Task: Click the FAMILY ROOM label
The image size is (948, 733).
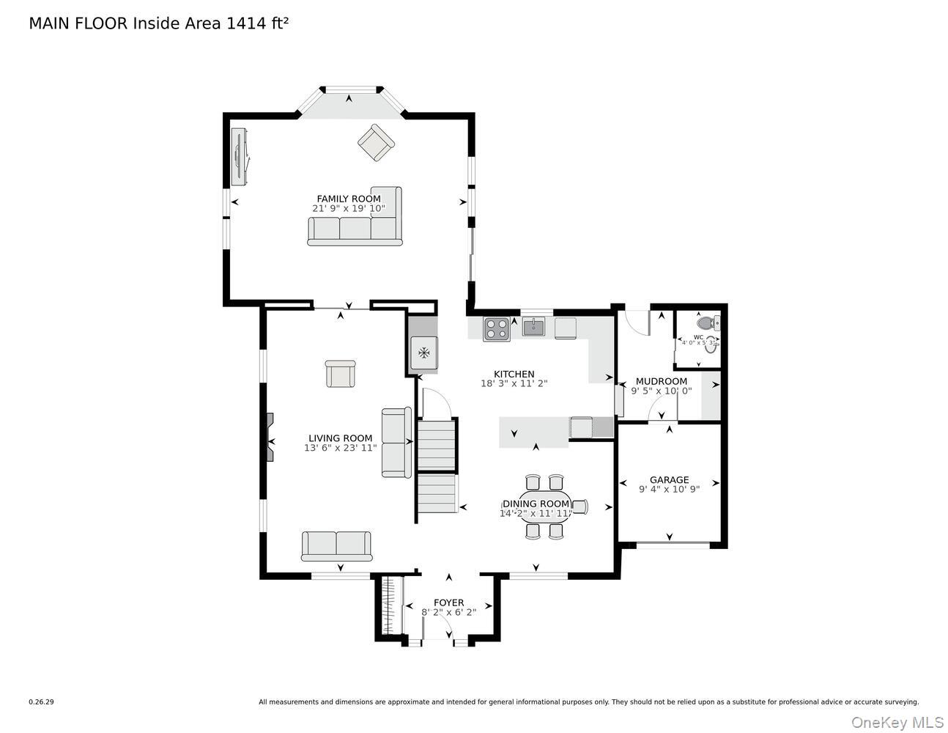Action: [348, 199]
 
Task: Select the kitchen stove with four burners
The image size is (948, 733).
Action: [496, 328]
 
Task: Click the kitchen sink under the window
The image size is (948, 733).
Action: [534, 327]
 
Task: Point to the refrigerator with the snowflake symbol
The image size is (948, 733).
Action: [423, 353]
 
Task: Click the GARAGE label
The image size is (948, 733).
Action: [669, 480]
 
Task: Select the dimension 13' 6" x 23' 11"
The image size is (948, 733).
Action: [341, 448]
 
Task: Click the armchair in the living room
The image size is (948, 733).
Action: [340, 374]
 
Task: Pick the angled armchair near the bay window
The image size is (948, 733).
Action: [376, 143]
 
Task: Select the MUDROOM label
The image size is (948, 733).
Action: [661, 381]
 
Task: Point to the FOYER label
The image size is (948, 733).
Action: [448, 603]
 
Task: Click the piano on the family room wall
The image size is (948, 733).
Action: [239, 156]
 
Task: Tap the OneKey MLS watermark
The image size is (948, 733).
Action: [897, 722]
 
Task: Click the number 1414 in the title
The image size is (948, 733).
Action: [247, 23]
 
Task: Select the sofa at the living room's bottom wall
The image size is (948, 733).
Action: [336, 545]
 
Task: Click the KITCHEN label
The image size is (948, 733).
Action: [514, 374]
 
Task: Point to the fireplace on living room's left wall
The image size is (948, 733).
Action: [270, 438]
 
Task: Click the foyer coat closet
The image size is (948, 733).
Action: [391, 605]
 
